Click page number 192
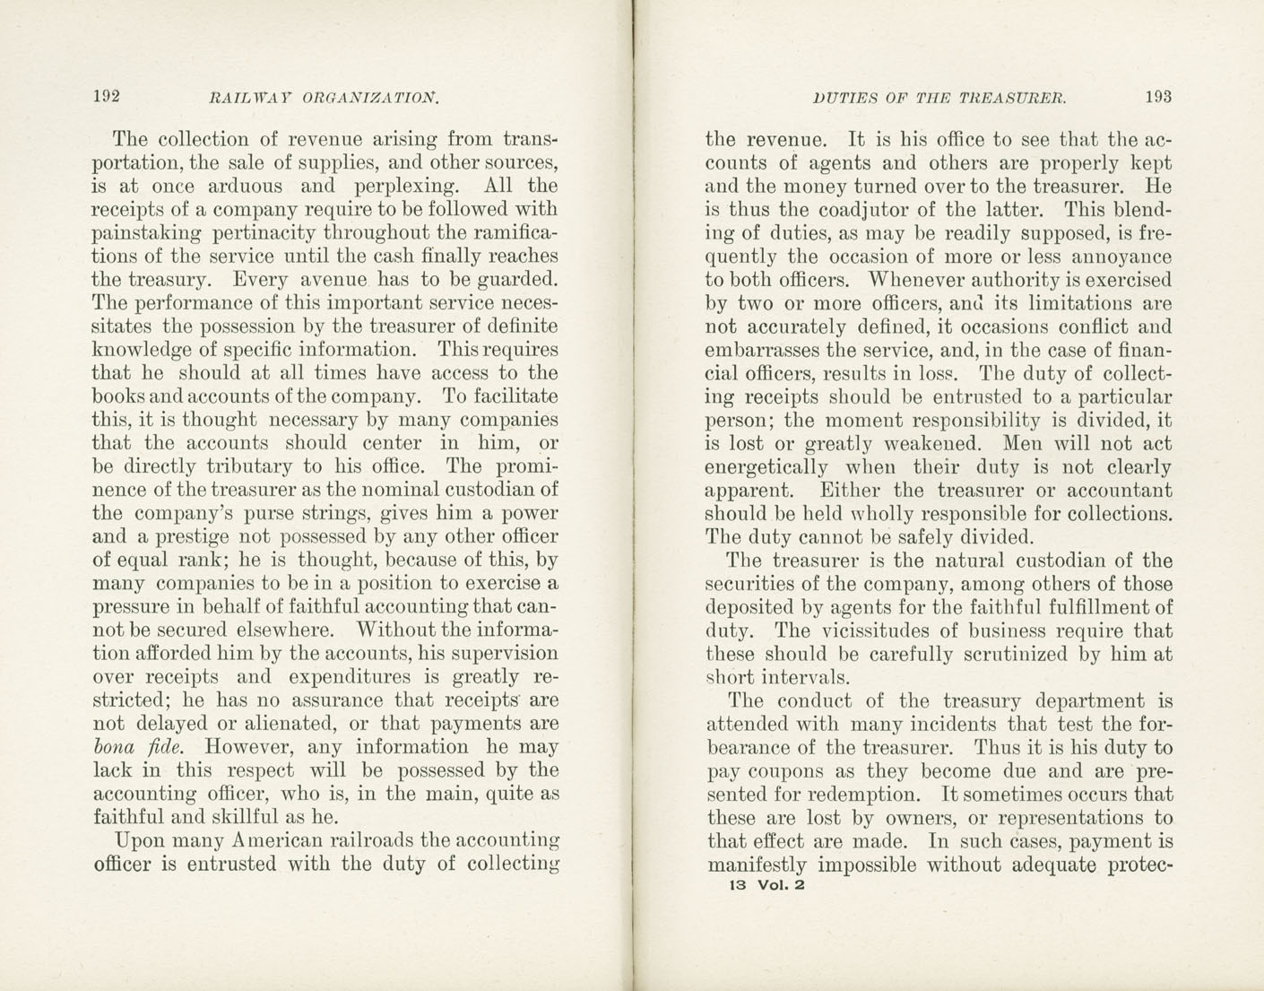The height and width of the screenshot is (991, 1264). [106, 97]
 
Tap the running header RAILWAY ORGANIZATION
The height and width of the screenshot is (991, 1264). [324, 98]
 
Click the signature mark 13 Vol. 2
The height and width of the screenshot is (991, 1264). [770, 885]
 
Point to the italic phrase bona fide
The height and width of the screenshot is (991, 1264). [139, 747]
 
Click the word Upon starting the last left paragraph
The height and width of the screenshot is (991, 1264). [141, 841]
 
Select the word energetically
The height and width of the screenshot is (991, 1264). [766, 468]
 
